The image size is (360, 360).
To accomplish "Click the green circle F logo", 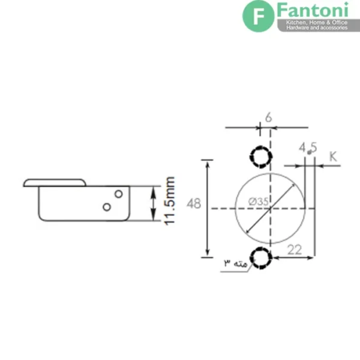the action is (x=258, y=16).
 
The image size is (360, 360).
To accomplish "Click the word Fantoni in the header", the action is (x=313, y=10).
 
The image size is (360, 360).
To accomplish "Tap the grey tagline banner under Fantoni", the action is (x=319, y=25).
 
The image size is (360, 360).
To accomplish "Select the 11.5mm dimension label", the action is (x=169, y=201).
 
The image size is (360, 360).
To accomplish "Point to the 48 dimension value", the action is (x=194, y=203).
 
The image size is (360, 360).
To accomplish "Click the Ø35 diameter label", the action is (x=259, y=202).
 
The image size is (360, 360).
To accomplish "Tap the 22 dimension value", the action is (x=295, y=250).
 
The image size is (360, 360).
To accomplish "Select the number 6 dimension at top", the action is (x=269, y=118).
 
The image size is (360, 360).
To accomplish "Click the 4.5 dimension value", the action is (x=308, y=148).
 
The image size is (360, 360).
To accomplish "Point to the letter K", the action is (x=333, y=157).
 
